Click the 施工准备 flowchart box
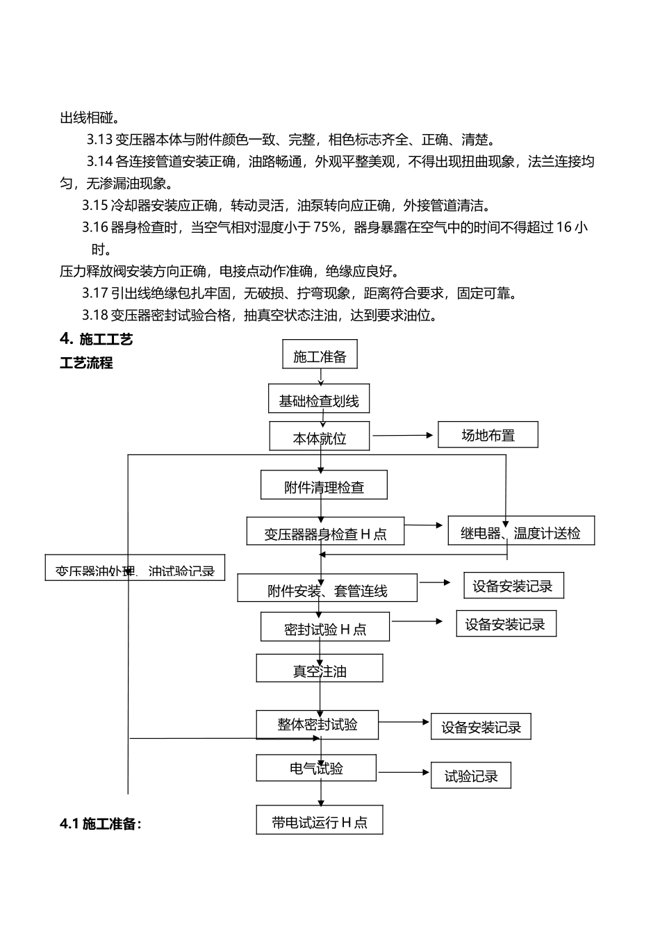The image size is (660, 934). pyautogui.click(x=320, y=355)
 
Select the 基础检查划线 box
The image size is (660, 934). pyautogui.click(x=319, y=400)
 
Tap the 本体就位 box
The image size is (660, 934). pyautogui.click(x=320, y=437)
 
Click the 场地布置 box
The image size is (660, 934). pyautogui.click(x=488, y=435)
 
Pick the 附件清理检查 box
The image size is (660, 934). pyautogui.click(x=324, y=486)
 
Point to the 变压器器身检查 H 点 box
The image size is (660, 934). pyautogui.click(x=325, y=532)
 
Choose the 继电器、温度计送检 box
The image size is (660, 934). pyautogui.click(x=521, y=532)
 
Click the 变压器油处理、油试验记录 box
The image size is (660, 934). pyautogui.click(x=135, y=568)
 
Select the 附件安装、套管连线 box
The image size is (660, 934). pyautogui.click(x=327, y=589)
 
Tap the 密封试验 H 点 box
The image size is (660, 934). pyautogui.click(x=325, y=628)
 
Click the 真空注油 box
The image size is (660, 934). pyautogui.click(x=320, y=669)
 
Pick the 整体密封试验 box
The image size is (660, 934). pyautogui.click(x=317, y=724)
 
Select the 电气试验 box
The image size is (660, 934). pyautogui.click(x=316, y=768)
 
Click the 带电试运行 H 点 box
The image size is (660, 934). pyautogui.click(x=320, y=821)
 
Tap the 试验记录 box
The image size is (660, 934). pyautogui.click(x=471, y=775)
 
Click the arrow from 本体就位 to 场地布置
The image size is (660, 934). pyautogui.click(x=403, y=436)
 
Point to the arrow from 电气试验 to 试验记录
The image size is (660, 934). pyautogui.click(x=404, y=772)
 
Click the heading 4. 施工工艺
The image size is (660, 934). pyautogui.click(x=96, y=339)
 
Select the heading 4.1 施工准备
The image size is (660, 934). pyautogui.click(x=101, y=824)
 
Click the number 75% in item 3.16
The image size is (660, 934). pyautogui.click(x=327, y=227)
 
